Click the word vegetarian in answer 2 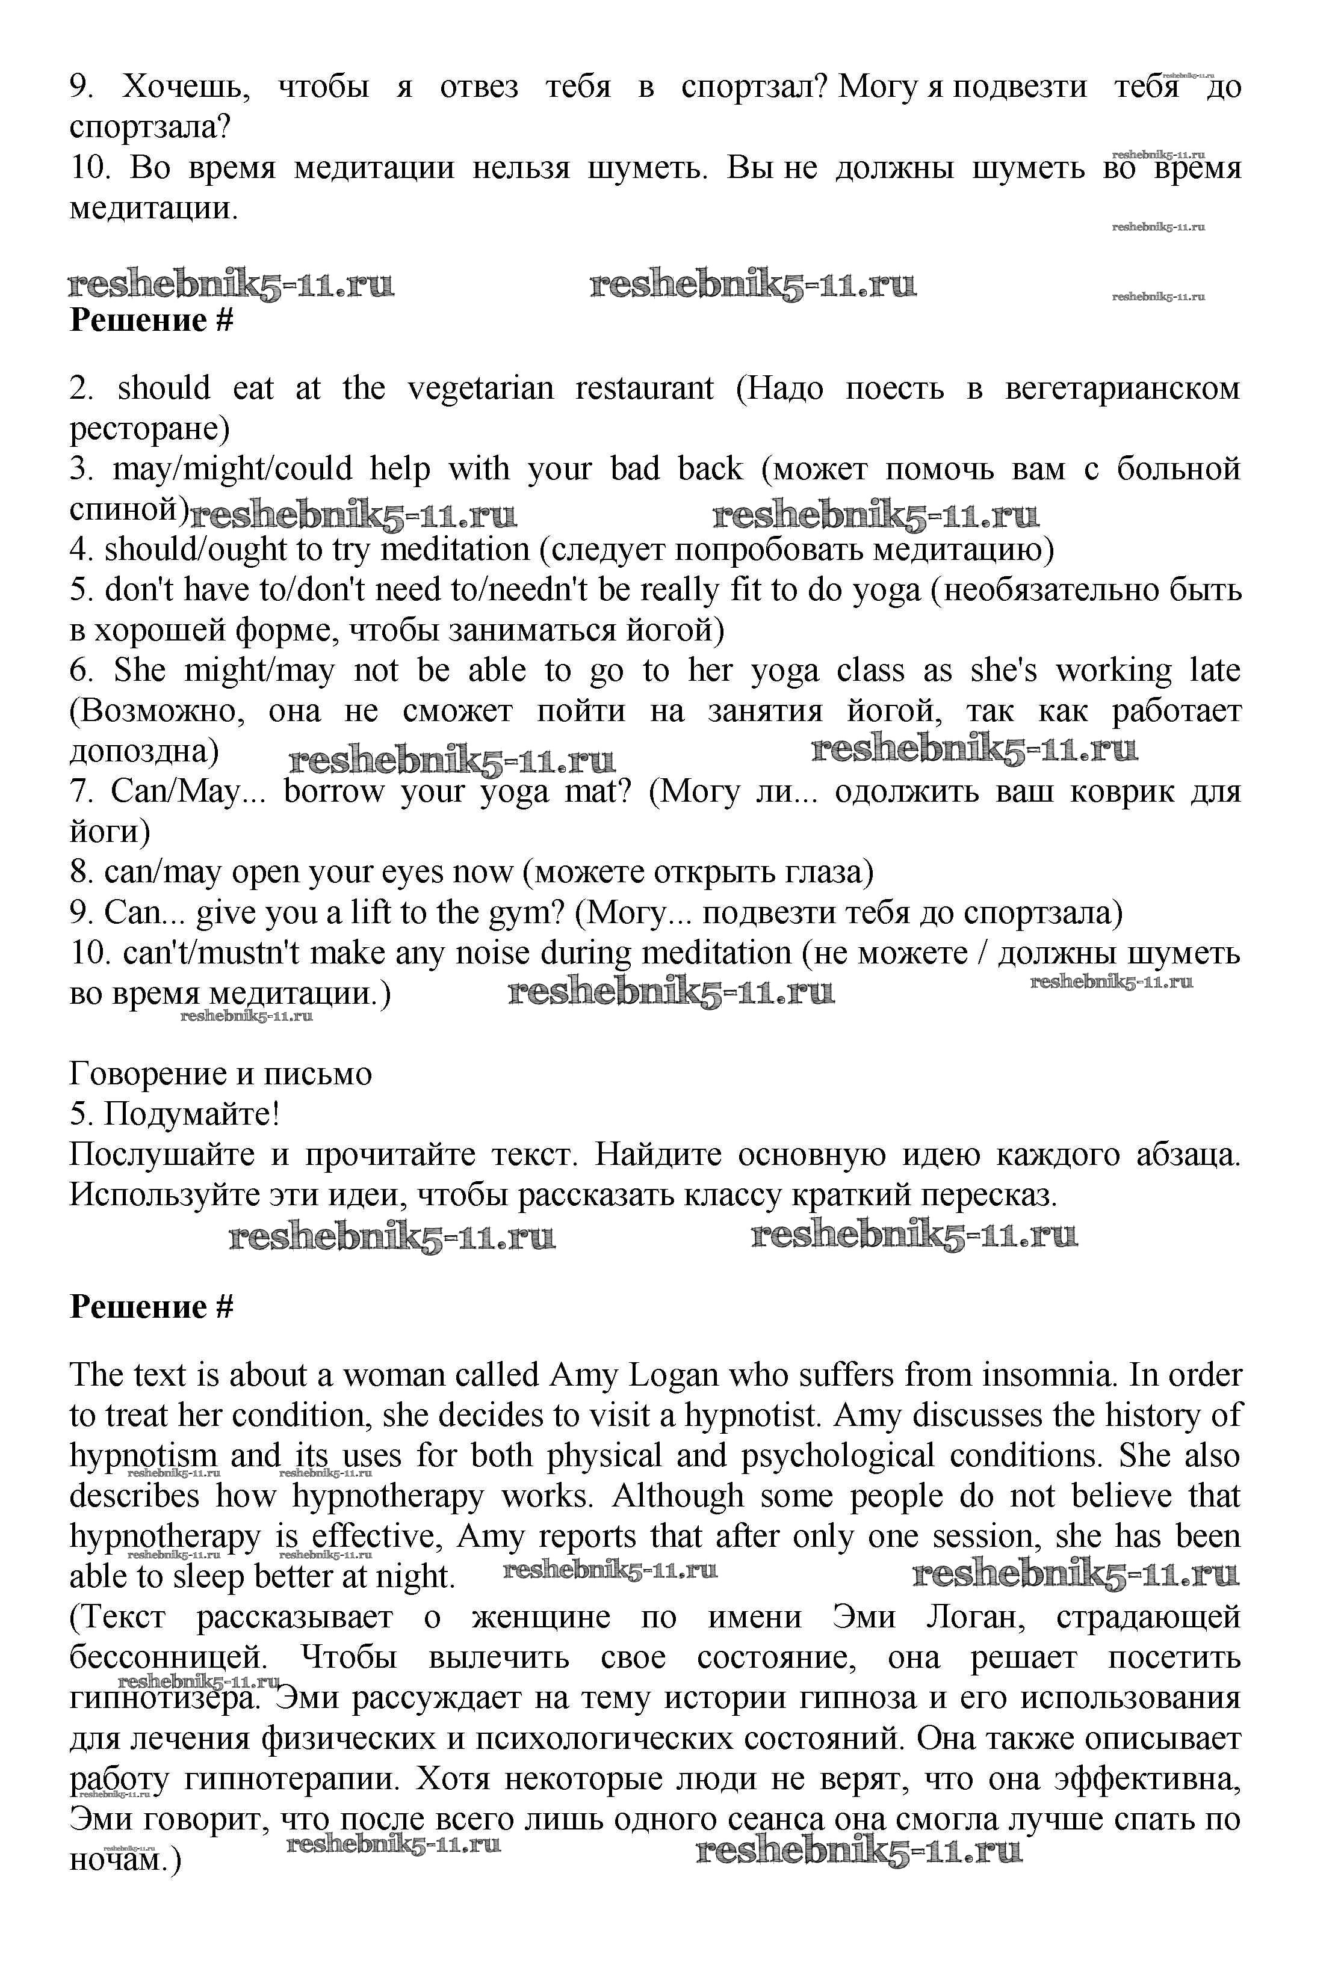point(480,389)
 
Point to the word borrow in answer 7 point(333,791)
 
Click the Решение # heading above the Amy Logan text point(151,1307)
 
